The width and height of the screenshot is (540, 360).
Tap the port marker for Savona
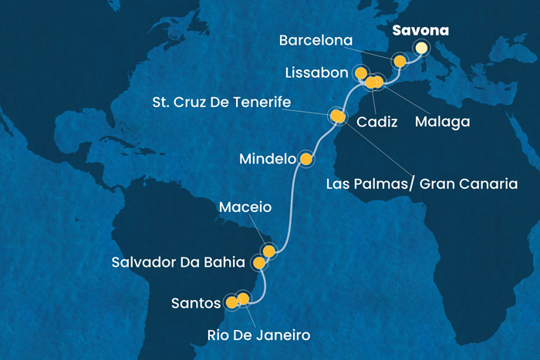pyautogui.click(x=422, y=48)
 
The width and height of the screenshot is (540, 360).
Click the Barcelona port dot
pyautogui.click(x=400, y=61)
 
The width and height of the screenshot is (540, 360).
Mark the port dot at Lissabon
pyautogui.click(x=360, y=73)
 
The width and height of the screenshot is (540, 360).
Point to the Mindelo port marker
pyautogui.click(x=306, y=160)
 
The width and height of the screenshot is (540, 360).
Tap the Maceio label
pyautogui.click(x=245, y=207)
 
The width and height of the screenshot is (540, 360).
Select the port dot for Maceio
pyautogui.click(x=268, y=251)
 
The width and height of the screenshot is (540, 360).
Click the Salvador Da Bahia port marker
pyautogui.click(x=259, y=263)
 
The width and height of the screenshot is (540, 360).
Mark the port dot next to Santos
pyautogui.click(x=231, y=302)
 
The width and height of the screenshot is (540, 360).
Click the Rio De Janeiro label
pyautogui.click(x=258, y=335)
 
